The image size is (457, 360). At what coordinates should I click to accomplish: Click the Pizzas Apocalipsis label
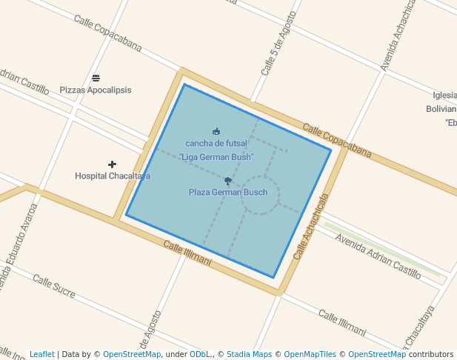click(96, 90)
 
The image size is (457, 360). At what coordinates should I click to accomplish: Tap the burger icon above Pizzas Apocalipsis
click(96, 78)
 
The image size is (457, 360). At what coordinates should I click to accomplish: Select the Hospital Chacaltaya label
click(113, 176)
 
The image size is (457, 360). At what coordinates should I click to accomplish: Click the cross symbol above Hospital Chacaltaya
click(112, 164)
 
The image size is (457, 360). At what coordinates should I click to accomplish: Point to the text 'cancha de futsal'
click(216, 143)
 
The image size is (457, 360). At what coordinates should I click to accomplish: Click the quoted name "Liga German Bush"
click(216, 157)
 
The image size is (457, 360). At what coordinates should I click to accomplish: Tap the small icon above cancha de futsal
click(216, 131)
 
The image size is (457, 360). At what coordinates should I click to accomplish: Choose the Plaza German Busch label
click(228, 193)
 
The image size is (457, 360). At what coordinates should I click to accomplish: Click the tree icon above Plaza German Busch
click(228, 181)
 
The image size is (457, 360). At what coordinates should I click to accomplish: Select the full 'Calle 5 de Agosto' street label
click(278, 44)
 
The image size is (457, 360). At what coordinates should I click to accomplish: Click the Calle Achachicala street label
click(310, 227)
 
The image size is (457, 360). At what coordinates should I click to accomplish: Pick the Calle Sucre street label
click(53, 286)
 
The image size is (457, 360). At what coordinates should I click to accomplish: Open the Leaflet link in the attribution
click(41, 355)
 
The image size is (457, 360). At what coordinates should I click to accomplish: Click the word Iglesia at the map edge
click(444, 95)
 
